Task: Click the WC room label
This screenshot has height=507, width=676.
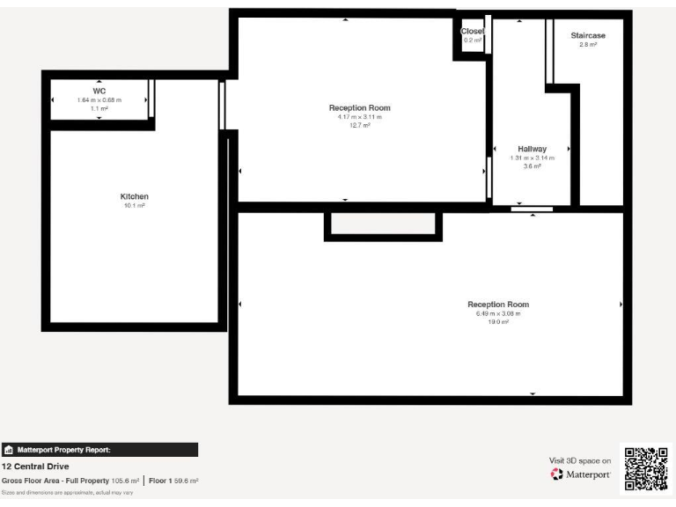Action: coord(99,91)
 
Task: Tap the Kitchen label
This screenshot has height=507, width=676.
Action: coord(135,196)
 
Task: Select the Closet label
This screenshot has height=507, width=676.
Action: coord(473,32)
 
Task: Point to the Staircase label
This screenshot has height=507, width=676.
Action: coord(588,35)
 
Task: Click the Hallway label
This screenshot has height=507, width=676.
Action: coord(533,149)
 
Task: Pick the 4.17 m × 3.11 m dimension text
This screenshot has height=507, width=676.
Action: coord(360,117)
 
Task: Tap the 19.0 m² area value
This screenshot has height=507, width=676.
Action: coord(498,322)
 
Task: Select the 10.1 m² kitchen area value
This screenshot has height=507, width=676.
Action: coord(135,205)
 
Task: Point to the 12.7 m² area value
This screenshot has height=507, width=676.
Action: coord(360,126)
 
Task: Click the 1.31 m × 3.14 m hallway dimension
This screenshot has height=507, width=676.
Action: coord(533,158)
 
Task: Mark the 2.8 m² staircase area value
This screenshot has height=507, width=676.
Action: coord(588,44)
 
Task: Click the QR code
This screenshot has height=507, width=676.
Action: coord(646,468)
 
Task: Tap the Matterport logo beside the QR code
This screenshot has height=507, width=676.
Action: coord(581,474)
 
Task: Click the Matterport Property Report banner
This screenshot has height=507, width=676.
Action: coord(99,450)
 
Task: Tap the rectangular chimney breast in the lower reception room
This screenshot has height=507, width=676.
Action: coord(383,224)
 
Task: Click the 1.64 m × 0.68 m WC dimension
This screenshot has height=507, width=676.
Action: coord(99,100)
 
